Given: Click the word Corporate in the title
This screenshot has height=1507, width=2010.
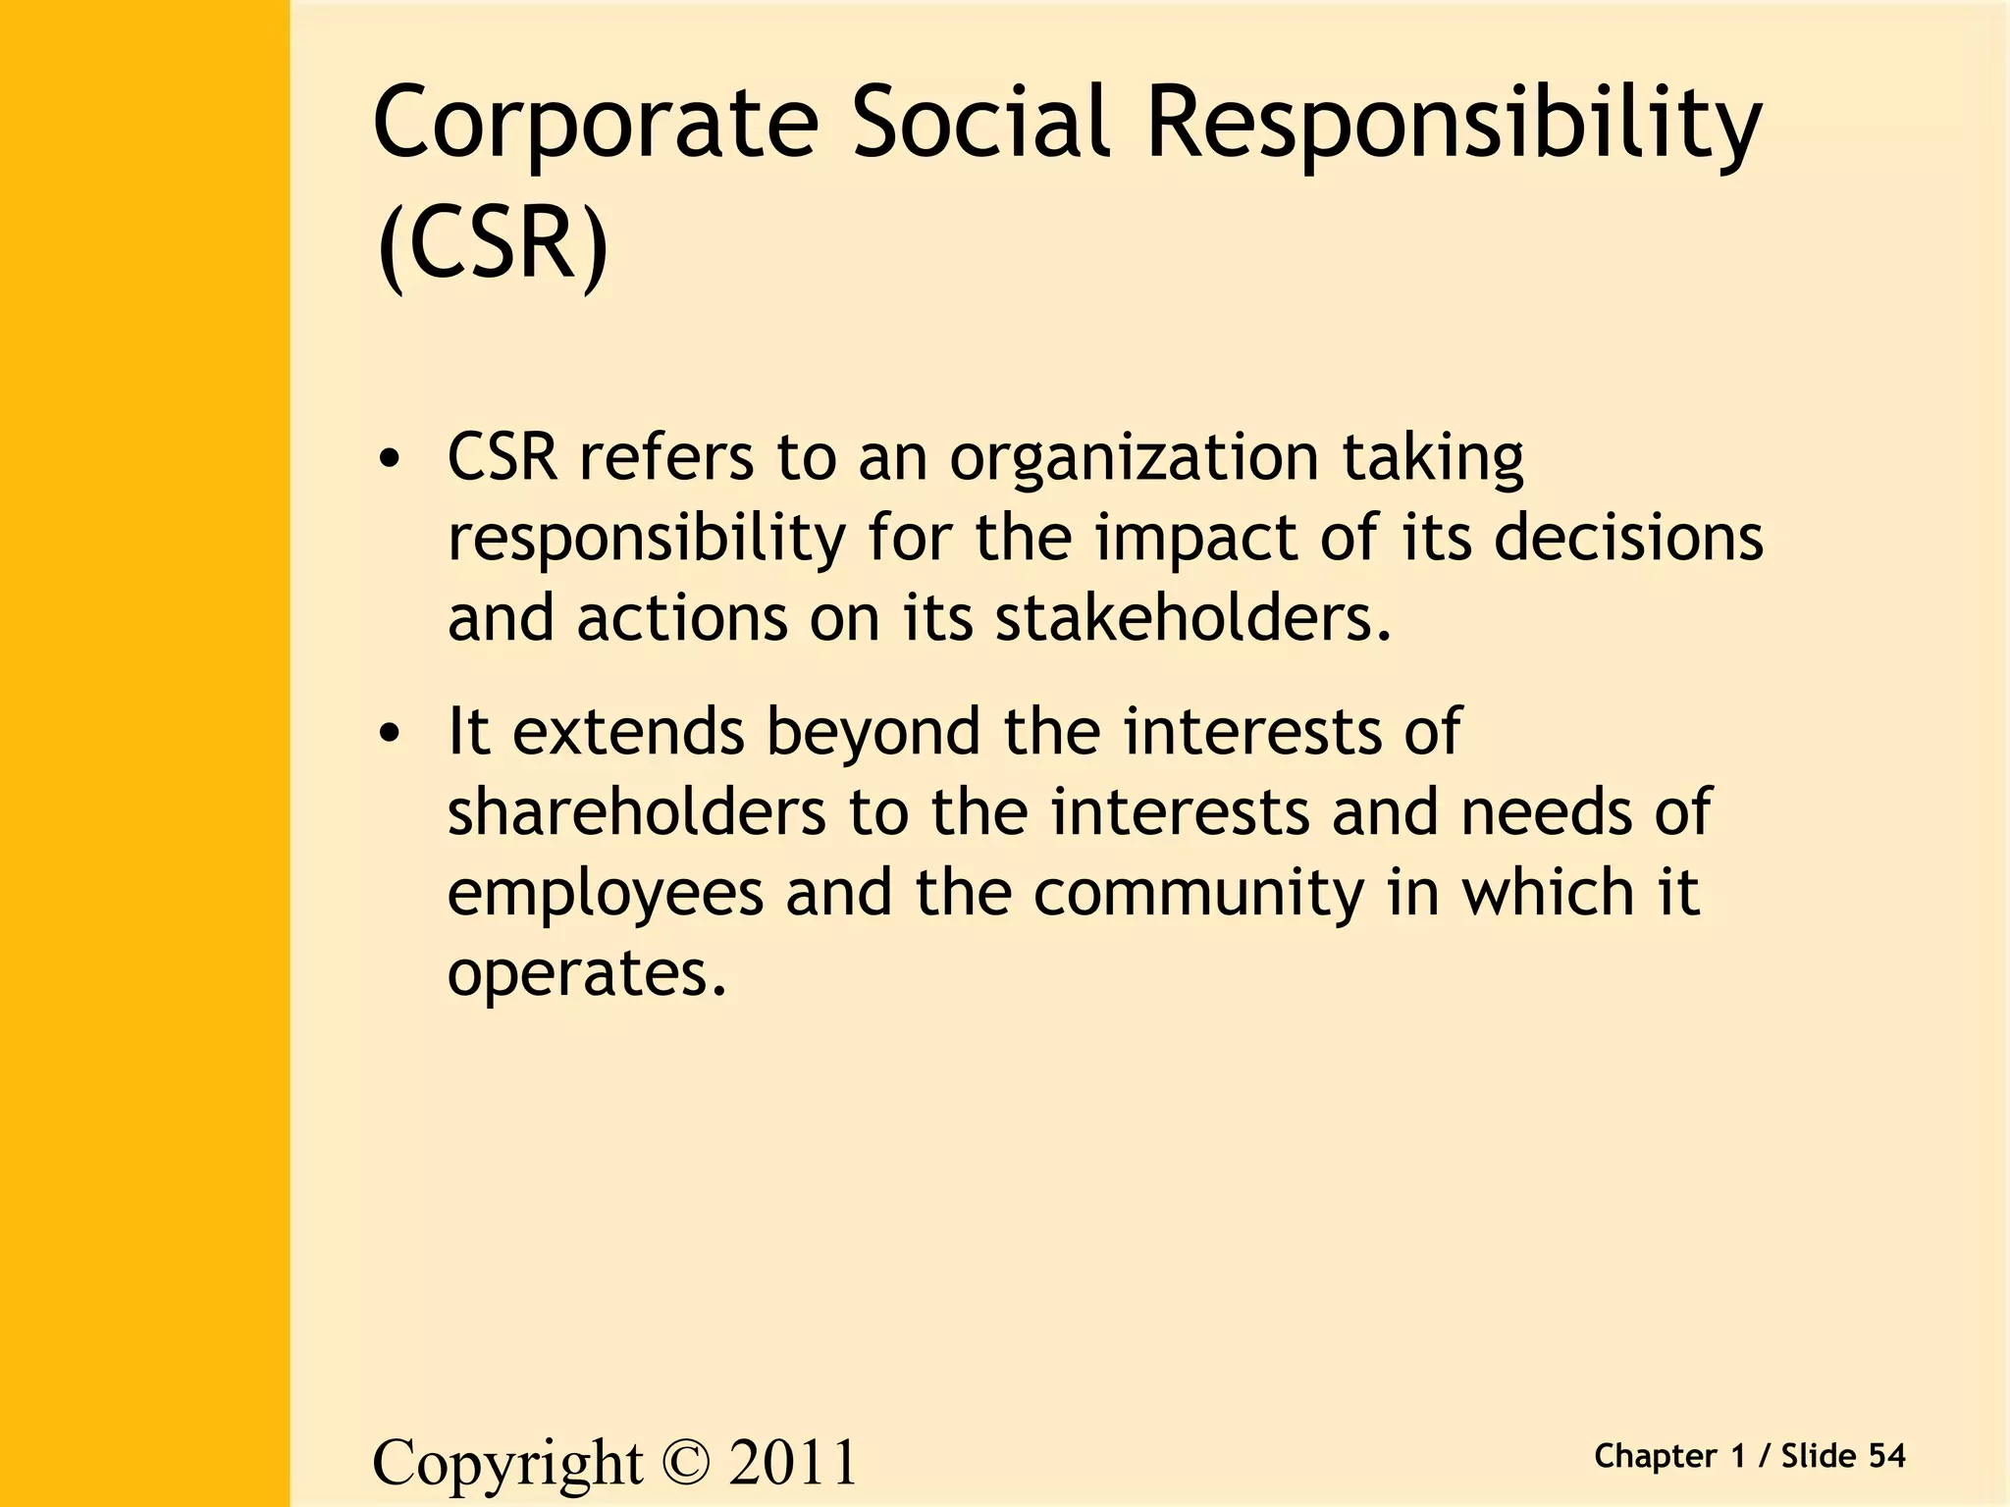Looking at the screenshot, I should pos(595,123).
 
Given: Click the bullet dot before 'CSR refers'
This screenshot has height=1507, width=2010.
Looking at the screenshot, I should pos(391,459).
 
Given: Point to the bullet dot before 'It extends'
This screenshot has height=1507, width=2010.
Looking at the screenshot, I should pos(391,734).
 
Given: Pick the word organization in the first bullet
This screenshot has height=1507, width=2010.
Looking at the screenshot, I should pos(1134,459).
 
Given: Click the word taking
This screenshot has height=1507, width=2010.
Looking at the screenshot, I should pos(1433,459).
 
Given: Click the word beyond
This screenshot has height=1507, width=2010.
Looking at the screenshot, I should pos(873,734).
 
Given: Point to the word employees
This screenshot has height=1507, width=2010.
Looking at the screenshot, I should pos(606,895).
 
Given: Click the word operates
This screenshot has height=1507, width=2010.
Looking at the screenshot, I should pos(587,974).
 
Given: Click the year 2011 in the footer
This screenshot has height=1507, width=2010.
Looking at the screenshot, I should pos(793,1462).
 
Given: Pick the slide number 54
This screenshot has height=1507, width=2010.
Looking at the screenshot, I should pos(1886,1456).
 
